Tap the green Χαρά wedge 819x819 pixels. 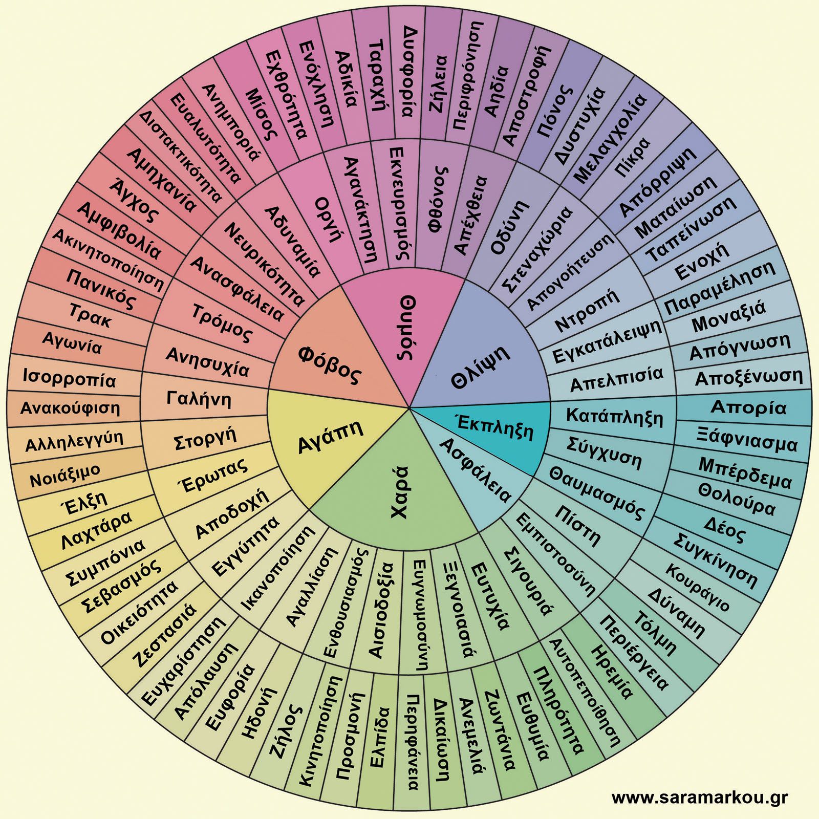(x=399, y=491)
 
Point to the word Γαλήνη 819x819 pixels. (x=199, y=398)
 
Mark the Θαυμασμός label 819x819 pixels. (x=596, y=492)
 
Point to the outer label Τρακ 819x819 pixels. (x=90, y=315)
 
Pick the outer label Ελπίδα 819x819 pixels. (x=379, y=737)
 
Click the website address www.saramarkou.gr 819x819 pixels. (x=699, y=797)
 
